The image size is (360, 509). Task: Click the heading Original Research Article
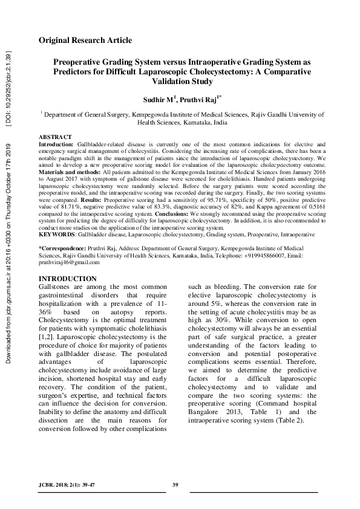pyautogui.click(x=85, y=41)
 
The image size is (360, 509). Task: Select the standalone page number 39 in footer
pyautogui.click(x=175, y=485)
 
